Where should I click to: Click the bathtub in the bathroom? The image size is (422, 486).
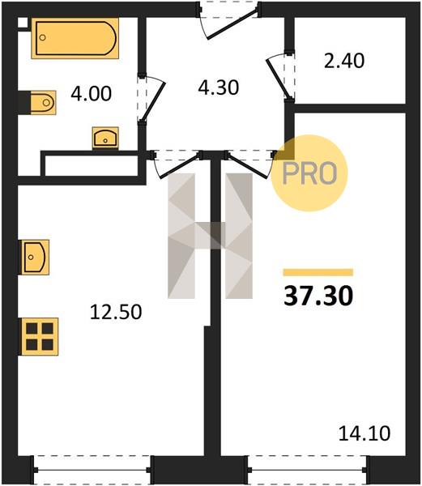point(75,38)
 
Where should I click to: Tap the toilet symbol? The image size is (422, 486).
point(43,103)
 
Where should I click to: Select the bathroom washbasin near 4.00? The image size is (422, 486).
point(105,138)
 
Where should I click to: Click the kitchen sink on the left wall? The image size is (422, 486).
point(35,257)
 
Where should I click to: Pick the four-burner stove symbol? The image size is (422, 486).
point(40,336)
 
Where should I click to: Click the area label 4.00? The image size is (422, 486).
point(91,94)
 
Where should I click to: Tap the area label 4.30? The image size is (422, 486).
point(219,87)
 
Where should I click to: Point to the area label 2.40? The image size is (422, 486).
point(344,61)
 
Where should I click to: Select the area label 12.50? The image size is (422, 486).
point(116,312)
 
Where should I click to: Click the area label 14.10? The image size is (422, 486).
point(364,433)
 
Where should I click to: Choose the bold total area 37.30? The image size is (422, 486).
point(318,296)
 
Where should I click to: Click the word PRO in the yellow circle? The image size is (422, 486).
point(309,173)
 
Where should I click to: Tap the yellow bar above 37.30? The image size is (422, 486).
point(318,272)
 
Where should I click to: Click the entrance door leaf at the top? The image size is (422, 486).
point(232,24)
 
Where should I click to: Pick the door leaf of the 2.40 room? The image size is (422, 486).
point(279,78)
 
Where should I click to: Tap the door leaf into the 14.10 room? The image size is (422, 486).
point(246,166)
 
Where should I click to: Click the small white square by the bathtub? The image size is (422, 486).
point(23,23)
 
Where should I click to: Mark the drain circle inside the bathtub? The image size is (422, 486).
point(43,37)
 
